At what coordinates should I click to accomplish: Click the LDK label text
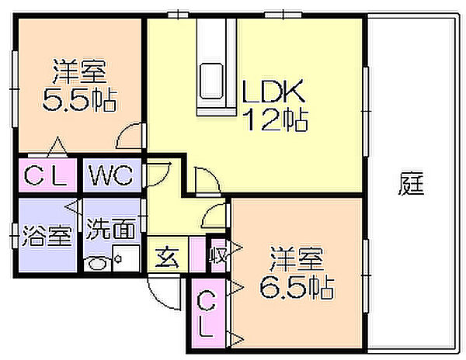273,91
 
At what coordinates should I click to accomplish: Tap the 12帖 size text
275,119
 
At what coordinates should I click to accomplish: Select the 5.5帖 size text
80,99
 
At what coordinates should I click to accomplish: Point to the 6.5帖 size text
297,287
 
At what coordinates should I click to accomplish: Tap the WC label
110,175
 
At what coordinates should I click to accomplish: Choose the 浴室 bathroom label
47,236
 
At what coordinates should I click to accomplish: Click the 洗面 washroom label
110,229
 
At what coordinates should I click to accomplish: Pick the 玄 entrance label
167,257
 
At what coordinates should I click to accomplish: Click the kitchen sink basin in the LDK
211,81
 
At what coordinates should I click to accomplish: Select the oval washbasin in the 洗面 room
97,263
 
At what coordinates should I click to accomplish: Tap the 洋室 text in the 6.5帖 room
297,259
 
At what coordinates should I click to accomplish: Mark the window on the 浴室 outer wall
15,236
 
